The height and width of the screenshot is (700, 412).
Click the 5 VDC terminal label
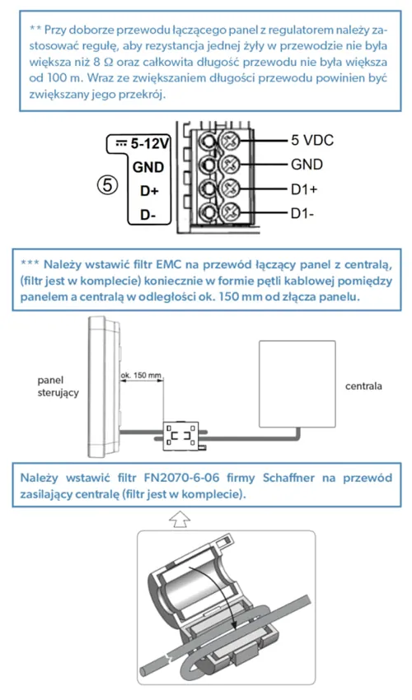(312, 140)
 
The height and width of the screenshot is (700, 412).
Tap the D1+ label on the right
(304, 189)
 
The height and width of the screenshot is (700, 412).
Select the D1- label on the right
(302, 214)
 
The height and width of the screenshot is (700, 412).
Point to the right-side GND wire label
(307, 165)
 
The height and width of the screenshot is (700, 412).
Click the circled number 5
(107, 184)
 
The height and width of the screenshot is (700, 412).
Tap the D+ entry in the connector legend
(149, 190)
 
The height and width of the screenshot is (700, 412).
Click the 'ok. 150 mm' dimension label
(141, 375)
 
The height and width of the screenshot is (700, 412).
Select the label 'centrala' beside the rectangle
(363, 386)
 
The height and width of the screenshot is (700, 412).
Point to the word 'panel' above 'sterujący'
(50, 380)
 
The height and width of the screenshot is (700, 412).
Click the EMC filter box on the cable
(180, 436)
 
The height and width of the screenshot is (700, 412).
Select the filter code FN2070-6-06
(182, 478)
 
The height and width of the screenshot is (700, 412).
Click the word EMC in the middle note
(169, 264)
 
